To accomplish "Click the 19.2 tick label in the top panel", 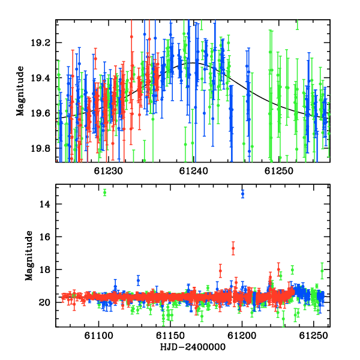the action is click(40, 43).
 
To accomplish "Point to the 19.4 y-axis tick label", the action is click(40, 78).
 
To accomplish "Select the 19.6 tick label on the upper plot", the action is click(40, 113).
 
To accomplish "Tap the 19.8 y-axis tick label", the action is click(40, 149).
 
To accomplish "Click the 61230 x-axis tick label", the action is click(109, 171).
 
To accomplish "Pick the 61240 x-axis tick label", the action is click(194, 171).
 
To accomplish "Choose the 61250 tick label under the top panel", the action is click(279, 171).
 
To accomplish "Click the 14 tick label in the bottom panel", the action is click(44, 204).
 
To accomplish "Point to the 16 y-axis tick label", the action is click(44, 237).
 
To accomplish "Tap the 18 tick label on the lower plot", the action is click(44, 270).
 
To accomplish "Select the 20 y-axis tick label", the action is click(44, 302).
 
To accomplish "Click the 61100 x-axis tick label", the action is click(99, 335).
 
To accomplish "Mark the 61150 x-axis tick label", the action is click(170, 335).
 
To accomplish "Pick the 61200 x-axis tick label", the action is click(242, 335).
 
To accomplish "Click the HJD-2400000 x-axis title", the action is click(193, 347).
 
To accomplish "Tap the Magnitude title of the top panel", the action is click(20, 91).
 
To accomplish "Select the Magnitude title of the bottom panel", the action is click(29, 256).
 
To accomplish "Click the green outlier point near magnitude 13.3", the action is click(104, 193).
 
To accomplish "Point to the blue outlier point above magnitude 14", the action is click(242, 194).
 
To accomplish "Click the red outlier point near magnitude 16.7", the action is click(233, 248).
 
